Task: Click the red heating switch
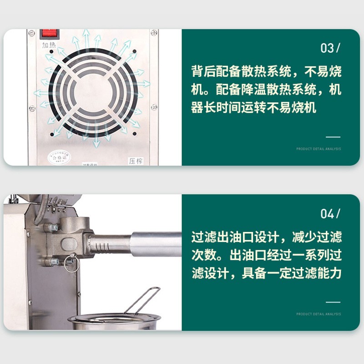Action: coord(50,33)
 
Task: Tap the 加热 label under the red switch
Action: coord(49,45)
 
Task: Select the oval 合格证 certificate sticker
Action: coord(59,157)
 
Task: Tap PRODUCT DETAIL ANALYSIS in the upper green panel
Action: coord(318,149)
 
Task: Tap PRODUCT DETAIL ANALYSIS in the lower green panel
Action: coord(318,314)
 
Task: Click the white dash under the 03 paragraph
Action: coord(333,136)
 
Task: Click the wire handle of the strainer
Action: coord(143,298)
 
